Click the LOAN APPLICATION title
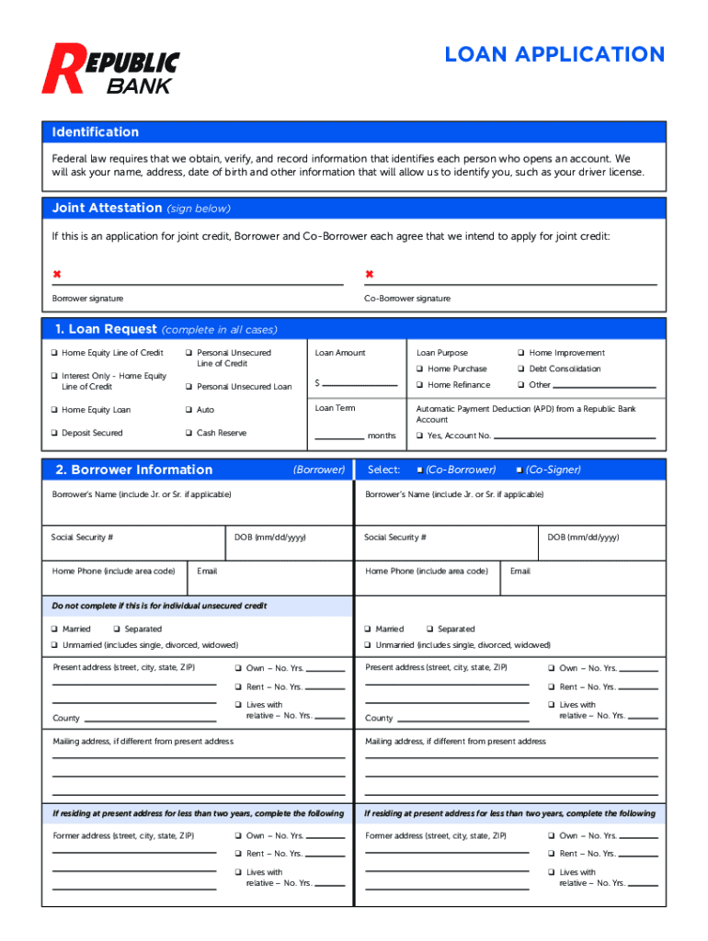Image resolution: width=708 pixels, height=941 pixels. tap(554, 54)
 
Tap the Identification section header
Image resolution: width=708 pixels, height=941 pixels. tap(96, 132)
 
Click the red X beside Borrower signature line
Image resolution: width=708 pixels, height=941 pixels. tap(57, 275)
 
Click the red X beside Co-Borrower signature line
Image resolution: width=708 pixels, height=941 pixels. tap(370, 275)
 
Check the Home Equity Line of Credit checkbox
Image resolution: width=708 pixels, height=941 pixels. tap(54, 353)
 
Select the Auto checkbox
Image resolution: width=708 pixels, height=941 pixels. tap(188, 410)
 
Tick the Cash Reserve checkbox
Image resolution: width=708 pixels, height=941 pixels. tap(188, 433)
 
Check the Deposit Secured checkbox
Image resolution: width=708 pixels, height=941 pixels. tap(54, 433)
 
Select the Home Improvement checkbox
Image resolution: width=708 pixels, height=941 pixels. tap(520, 353)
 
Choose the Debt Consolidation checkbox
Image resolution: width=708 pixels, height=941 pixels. tap(520, 369)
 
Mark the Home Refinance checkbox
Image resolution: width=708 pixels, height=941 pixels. tap(420, 385)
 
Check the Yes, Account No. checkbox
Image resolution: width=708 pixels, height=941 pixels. tap(420, 436)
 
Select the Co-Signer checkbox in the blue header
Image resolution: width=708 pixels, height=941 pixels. tap(520, 470)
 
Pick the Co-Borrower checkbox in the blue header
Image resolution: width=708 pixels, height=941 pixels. tap(419, 470)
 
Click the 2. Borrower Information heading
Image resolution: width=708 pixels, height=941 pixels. tap(133, 470)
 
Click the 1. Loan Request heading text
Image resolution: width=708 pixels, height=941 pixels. tap(106, 329)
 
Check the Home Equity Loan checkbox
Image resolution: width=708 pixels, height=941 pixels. tap(54, 410)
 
